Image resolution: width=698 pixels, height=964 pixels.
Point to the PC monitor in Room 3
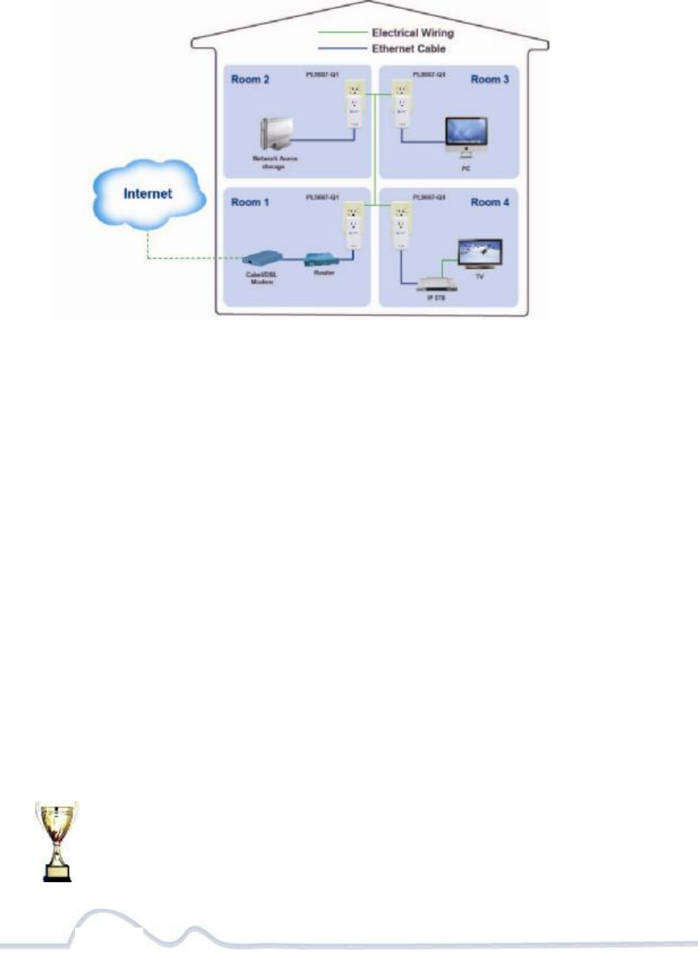click(x=465, y=133)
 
